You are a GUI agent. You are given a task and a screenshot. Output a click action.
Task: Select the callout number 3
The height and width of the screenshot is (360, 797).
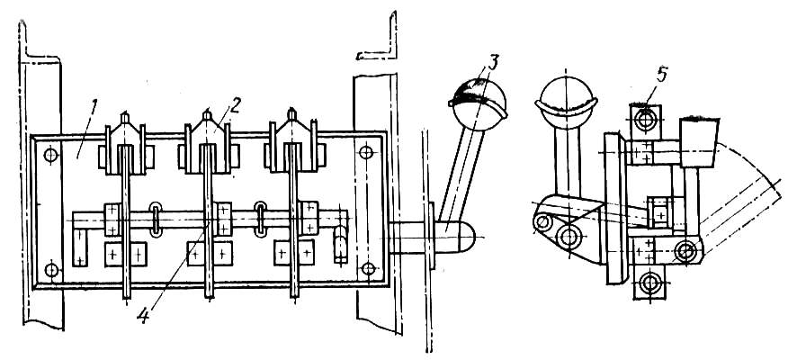pos(492,62)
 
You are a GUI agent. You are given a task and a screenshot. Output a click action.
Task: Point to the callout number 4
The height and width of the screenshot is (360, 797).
pos(143,316)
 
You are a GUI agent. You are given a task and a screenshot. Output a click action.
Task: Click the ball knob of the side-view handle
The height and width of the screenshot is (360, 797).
pos(566,97)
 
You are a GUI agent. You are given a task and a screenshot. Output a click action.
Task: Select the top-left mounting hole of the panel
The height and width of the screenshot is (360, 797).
pos(51,155)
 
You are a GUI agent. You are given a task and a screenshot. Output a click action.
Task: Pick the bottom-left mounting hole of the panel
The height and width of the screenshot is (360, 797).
pos(51,269)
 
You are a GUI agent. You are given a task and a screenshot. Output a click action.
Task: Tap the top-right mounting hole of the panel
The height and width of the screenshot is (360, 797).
pos(366,151)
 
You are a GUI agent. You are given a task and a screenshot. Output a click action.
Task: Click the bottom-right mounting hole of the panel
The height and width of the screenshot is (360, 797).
pos(368,268)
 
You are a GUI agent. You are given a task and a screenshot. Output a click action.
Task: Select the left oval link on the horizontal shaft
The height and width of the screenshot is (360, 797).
pos(156,220)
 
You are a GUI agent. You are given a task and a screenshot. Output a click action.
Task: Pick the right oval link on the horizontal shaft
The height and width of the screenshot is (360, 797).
pos(261,220)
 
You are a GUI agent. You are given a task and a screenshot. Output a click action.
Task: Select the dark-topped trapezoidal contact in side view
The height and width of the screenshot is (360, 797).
pos(698,142)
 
